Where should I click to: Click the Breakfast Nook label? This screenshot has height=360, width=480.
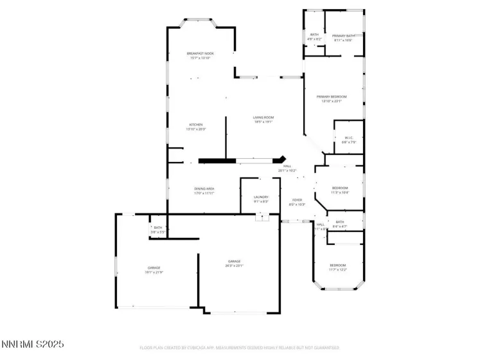[x=200, y=53]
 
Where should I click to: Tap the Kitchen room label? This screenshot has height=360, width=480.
[x=195, y=125]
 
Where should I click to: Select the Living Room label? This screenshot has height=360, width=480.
[x=263, y=118]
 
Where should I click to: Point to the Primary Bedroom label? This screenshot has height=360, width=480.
[x=332, y=96]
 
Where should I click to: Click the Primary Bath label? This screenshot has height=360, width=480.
[x=344, y=36]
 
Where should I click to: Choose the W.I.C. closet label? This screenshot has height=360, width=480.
[x=349, y=138]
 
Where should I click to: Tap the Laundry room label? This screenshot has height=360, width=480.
[x=261, y=197]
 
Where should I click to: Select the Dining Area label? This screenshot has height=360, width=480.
[x=204, y=189]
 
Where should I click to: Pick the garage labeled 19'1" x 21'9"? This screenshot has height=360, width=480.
[x=154, y=267]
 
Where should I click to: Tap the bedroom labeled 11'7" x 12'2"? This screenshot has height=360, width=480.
[x=337, y=265]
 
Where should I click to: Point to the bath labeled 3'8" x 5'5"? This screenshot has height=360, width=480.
[x=157, y=228]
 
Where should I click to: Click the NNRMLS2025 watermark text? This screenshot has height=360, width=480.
[x=33, y=345]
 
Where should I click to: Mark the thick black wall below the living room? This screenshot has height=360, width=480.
[x=218, y=160]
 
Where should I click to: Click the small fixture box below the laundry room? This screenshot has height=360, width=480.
[x=261, y=217]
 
